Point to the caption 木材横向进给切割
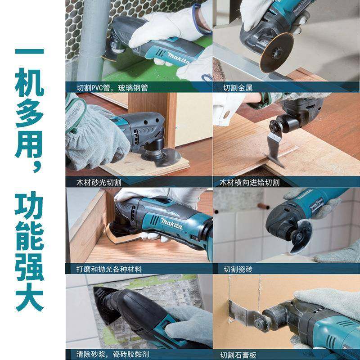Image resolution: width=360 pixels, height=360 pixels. [x=249, y=182]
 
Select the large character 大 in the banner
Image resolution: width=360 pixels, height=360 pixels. [x=30, y=295]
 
